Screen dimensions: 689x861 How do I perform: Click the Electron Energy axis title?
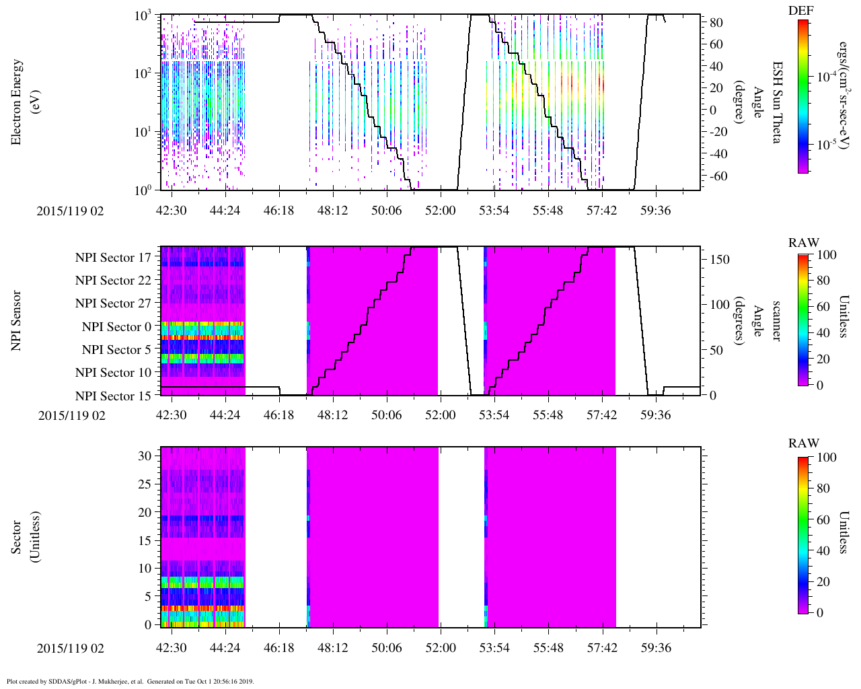tap(17, 102)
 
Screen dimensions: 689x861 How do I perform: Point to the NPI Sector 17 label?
tap(113, 258)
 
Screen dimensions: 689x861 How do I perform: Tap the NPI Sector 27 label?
tap(113, 303)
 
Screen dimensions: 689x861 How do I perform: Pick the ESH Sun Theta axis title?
tap(777, 102)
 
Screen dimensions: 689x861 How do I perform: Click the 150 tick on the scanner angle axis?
tap(720, 260)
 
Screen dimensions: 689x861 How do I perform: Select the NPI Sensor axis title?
tap(17, 320)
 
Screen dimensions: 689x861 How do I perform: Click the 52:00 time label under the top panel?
tap(441, 211)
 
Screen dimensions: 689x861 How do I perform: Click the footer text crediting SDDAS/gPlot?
tap(130, 681)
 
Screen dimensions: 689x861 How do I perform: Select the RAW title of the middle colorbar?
tap(804, 243)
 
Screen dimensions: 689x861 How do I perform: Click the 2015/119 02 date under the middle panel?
tap(71, 415)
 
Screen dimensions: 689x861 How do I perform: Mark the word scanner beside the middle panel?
tap(777, 320)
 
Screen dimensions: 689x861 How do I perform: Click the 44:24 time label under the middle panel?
tap(225, 415)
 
